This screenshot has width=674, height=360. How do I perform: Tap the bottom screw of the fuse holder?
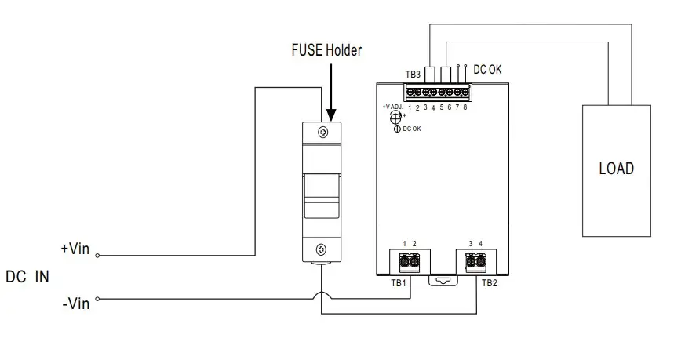coord(322,250)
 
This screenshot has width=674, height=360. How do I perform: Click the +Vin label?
coord(76,249)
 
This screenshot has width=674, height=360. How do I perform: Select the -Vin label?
coord(77,302)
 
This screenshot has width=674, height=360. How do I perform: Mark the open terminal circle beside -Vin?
coord(98,299)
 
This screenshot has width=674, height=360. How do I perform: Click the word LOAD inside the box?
coord(616,169)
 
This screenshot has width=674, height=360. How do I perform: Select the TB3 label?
coord(413,75)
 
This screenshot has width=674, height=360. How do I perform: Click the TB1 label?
coord(398,282)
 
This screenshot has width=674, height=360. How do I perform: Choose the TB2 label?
coord(489,282)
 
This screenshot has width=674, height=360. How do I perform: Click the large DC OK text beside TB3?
coord(487,70)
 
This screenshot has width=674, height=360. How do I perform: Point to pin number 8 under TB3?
coord(466,107)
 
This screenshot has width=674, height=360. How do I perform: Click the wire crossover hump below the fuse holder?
coord(322,296)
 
